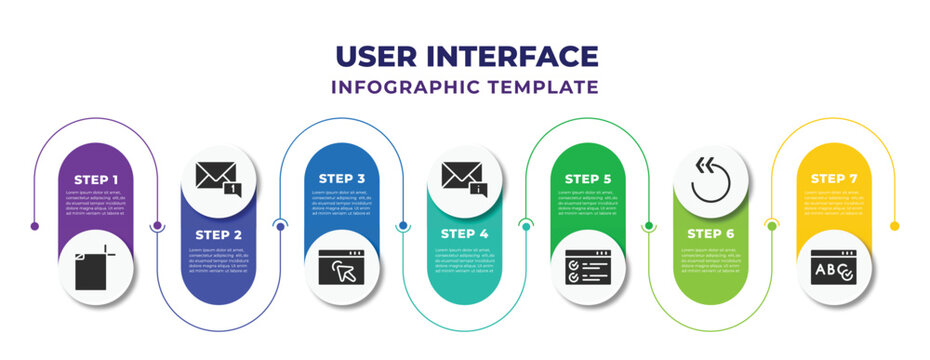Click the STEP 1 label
tap(96, 179)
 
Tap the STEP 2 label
tap(218, 234)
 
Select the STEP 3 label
tap(342, 179)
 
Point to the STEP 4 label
tap(464, 234)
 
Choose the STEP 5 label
tap(587, 179)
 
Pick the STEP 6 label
tap(710, 234)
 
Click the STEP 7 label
tap(833, 179)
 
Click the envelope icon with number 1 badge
tap(218, 180)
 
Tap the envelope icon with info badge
tap(464, 180)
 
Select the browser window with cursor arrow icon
tap(342, 268)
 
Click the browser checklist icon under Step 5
tap(587, 268)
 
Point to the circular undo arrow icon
tap(710, 180)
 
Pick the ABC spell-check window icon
tap(833, 268)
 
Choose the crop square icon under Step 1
tap(96, 268)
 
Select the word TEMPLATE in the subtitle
tap(544, 87)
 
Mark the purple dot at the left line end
tap(35, 226)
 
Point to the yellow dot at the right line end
tap(895, 226)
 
